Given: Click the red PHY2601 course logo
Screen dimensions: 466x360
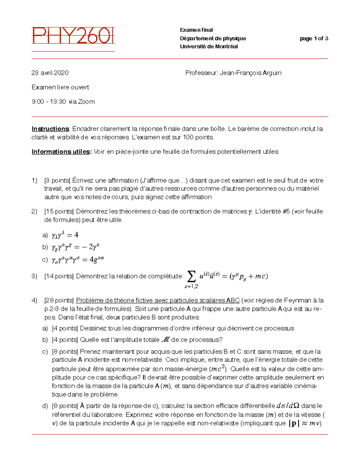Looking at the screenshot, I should [x=73, y=36].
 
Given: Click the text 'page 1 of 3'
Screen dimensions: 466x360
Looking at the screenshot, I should [x=314, y=38].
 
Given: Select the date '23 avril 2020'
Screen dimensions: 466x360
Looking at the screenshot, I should [x=50, y=73].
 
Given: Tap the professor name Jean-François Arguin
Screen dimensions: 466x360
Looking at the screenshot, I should [x=250, y=73].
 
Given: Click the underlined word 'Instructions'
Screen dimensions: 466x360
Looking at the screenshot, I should [x=50, y=129].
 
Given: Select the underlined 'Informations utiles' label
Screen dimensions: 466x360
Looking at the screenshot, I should [x=61, y=152].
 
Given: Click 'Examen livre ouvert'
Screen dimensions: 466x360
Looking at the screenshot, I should [x=60, y=87].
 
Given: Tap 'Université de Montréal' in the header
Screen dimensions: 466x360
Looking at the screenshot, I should [x=209, y=47].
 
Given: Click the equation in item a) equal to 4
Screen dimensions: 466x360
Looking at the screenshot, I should [x=65, y=235].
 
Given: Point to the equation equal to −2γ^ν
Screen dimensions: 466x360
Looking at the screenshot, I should [x=75, y=247].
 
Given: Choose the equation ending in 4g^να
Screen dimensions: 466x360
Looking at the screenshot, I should [x=78, y=260].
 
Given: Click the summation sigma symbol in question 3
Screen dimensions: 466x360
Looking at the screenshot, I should [x=191, y=276].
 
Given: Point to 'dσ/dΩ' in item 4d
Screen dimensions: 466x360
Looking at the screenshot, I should [x=288, y=406].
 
